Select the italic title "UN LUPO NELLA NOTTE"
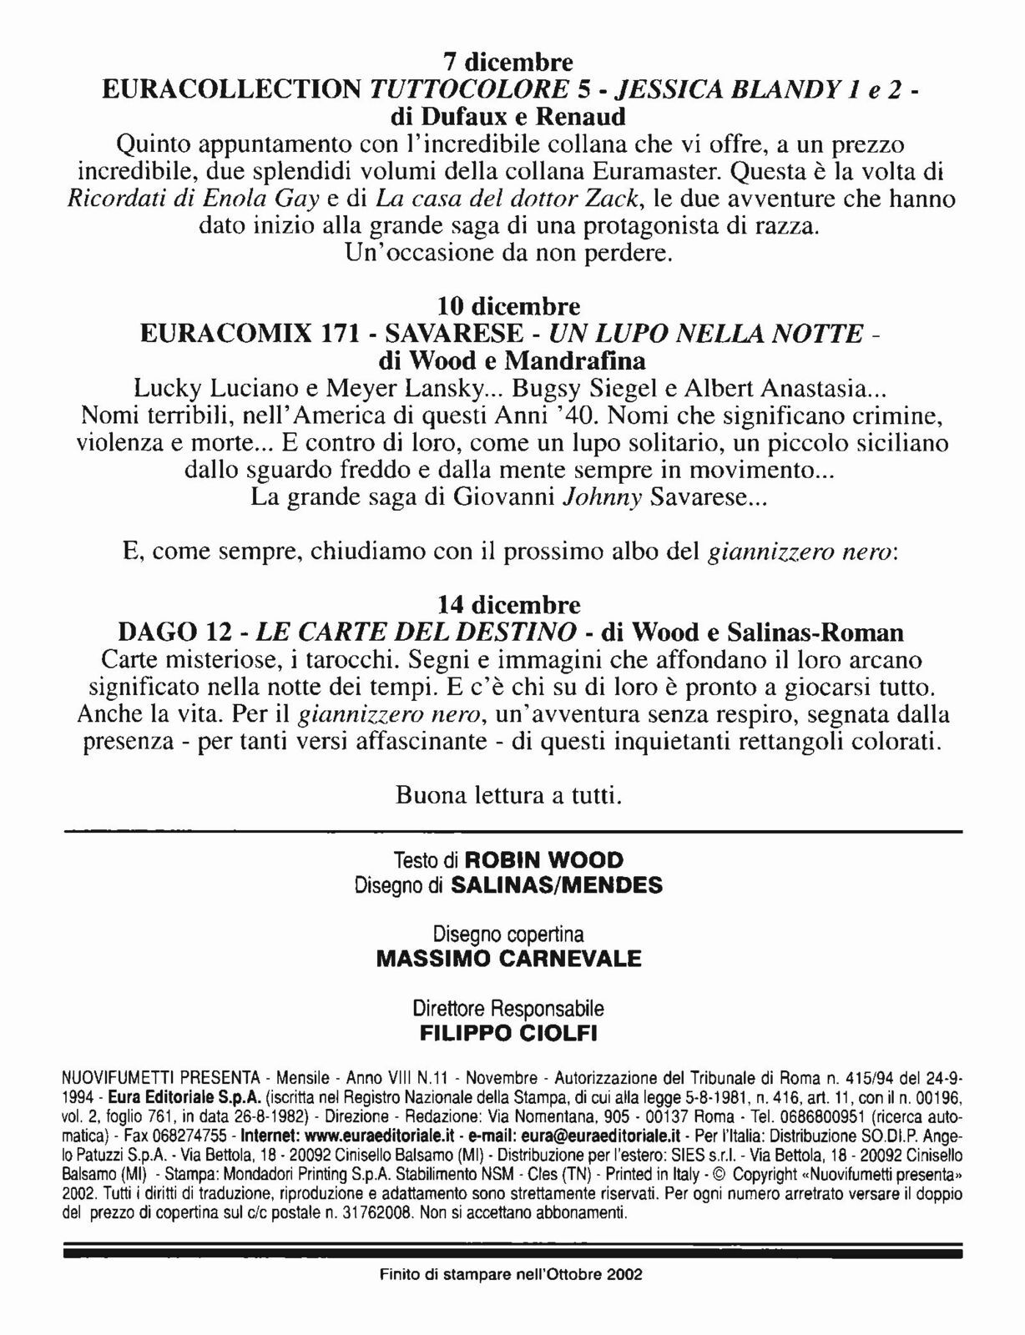tap(705, 334)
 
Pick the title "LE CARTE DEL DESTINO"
tap(416, 632)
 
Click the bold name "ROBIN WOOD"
tap(543, 860)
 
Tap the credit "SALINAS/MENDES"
tap(556, 885)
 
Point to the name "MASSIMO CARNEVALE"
tap(508, 959)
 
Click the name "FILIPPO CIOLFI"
tap(508, 1034)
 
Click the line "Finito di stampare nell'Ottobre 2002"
tap(510, 1275)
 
